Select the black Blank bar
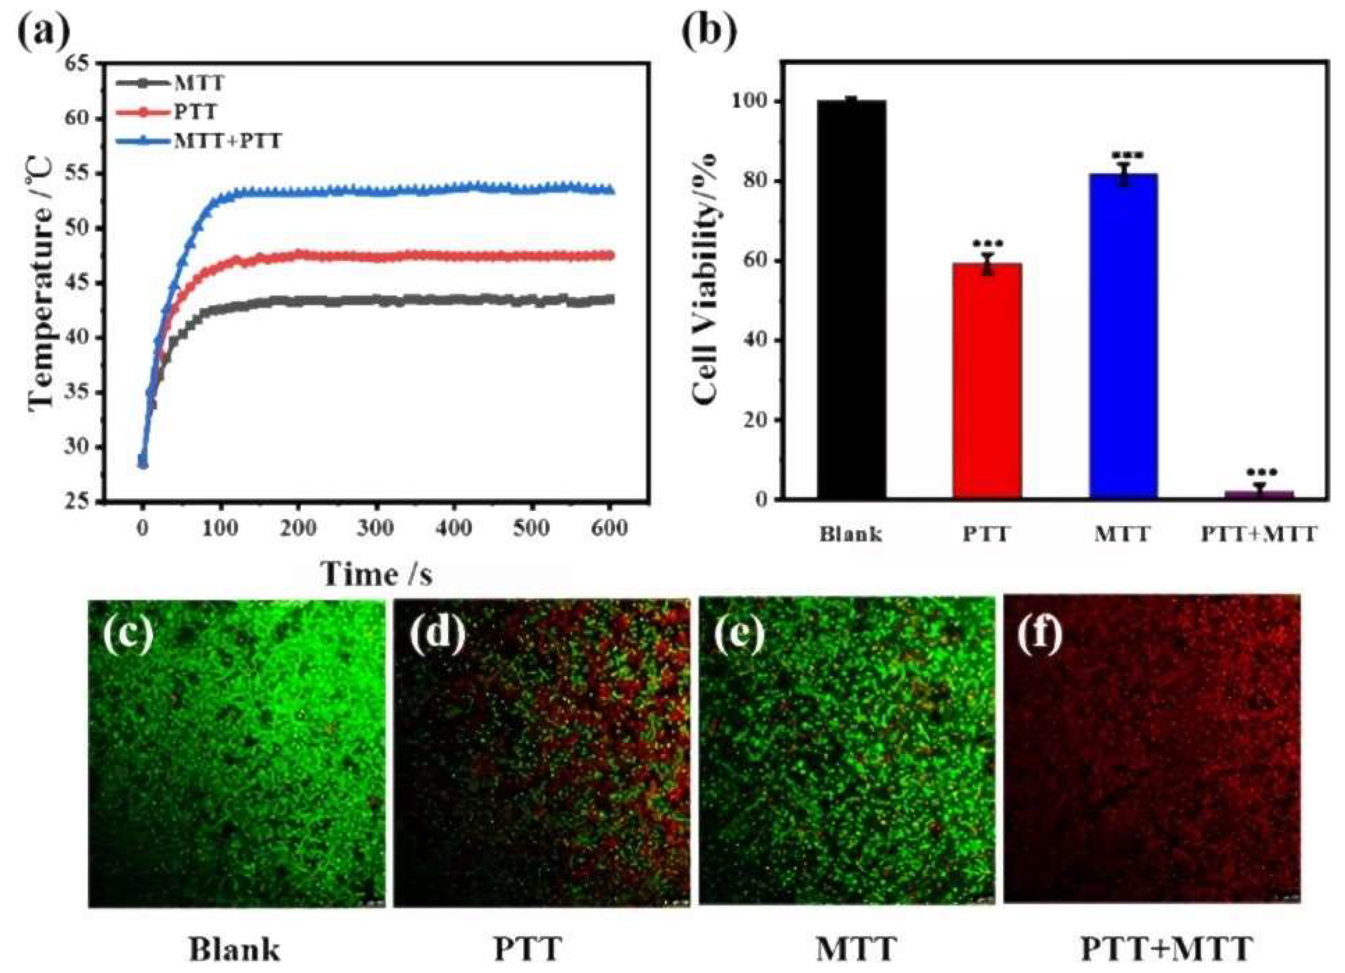pos(852,299)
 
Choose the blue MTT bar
pos(1123,336)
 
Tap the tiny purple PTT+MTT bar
pos(1259,494)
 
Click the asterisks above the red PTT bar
pos(987,244)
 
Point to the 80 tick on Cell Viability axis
pos(757,182)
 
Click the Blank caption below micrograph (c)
pos(234,949)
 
